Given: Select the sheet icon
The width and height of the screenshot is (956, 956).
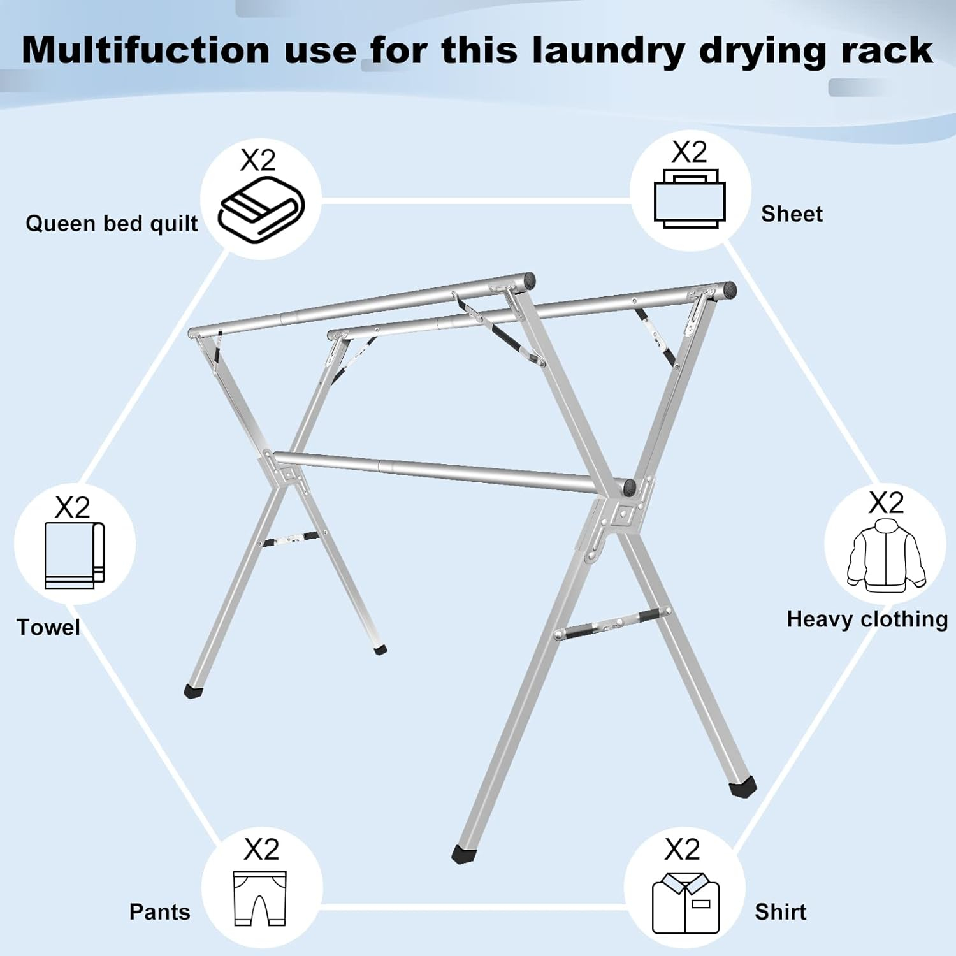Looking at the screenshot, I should coord(690,199).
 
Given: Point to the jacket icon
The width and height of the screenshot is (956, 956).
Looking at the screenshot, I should coord(886,553).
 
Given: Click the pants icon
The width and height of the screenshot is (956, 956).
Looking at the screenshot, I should coord(260,899).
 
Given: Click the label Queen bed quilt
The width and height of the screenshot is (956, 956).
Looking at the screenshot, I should coord(112,224).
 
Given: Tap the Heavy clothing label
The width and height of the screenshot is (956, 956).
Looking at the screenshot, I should coord(867,619).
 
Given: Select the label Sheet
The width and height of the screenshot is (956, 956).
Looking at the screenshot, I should coord(792,214).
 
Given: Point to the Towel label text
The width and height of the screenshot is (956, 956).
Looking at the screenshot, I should coord(48,627).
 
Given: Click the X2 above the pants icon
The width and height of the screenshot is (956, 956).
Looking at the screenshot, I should coord(261,850).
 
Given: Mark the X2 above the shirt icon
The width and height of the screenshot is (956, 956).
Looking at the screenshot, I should coord(682,850).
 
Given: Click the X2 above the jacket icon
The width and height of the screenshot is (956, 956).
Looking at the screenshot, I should coord(886,503).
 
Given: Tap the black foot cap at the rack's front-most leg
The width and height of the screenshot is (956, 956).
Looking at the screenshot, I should coord(465,854).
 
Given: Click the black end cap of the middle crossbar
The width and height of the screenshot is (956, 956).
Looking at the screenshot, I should coord(630,488).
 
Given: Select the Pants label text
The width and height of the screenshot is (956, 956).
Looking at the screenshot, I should coord(159,912).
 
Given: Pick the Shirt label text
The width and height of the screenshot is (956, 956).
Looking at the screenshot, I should coord(780,912).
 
